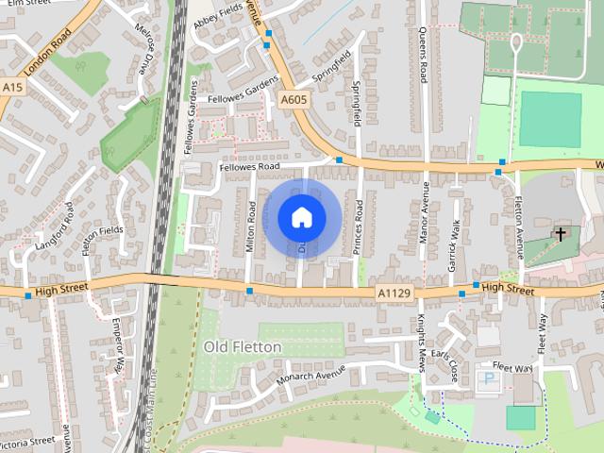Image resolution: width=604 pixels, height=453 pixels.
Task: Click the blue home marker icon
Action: coord(301,217)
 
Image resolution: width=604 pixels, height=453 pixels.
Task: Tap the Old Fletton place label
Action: coord(243,347)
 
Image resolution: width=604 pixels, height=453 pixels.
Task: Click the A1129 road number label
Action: coord(393,294)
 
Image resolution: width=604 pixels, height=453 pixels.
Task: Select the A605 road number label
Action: coord(294,97)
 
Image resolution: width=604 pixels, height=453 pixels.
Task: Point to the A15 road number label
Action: coord(12,87)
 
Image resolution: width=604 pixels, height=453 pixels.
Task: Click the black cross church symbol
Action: coord(561,233)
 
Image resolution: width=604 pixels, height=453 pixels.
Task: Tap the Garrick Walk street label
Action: coord(455,243)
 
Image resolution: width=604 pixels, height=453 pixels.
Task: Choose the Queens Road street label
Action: coord(423,52)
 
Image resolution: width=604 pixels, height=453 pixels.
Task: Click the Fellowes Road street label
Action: coord(249,167)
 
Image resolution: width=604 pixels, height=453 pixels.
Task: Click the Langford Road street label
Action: coord(54,226)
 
